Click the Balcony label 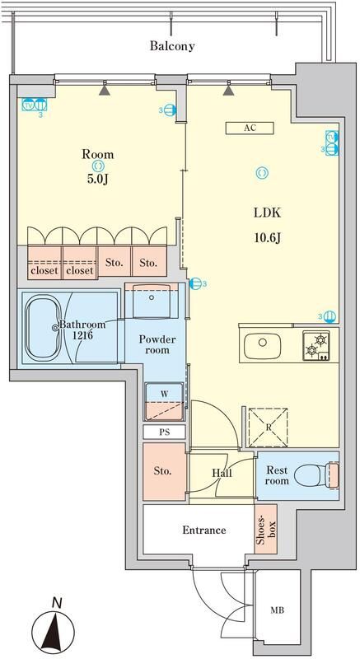coord(171,46)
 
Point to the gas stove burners coord(316,344)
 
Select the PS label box coord(164,432)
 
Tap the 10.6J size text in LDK coord(266,239)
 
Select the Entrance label coord(203,530)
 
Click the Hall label coord(222,474)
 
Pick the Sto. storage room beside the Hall coord(162,471)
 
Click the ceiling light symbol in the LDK coord(262,172)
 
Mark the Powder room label coord(153,344)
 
